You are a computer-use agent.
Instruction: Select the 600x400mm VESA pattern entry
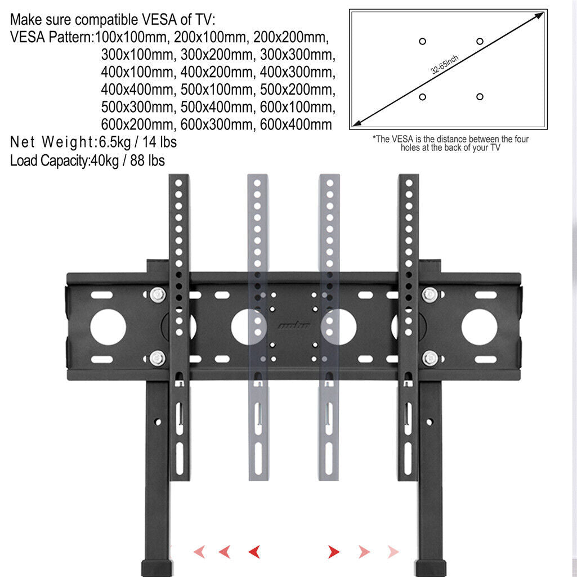point(296,124)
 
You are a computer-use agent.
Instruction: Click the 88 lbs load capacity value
point(147,160)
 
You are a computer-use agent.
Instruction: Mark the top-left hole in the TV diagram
point(423,41)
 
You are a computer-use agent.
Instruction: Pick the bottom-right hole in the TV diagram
point(480,97)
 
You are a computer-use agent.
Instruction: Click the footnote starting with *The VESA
point(450,143)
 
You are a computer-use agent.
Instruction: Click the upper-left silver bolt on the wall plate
point(158,293)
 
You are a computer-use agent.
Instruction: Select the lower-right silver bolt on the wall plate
point(430,357)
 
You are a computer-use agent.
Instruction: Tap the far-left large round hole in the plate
point(108,328)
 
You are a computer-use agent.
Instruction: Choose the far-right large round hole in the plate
point(479,328)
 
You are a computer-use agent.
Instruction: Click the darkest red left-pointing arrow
point(254,551)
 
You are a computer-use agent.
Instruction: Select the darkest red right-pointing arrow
point(334,551)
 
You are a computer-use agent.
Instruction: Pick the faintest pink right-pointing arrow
point(393,551)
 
